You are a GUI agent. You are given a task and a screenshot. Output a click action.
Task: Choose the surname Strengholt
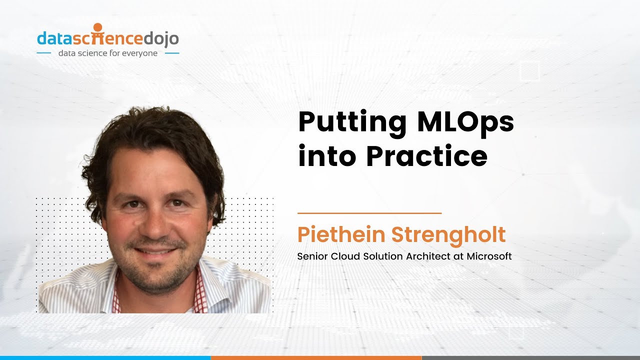[x=448, y=235]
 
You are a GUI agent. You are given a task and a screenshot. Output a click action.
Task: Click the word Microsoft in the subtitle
[x=489, y=256]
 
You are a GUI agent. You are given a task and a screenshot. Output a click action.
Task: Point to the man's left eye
[x=176, y=203]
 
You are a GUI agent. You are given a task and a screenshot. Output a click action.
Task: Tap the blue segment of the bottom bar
[x=105, y=357]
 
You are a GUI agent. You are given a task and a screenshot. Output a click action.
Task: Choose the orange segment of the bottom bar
[x=316, y=357]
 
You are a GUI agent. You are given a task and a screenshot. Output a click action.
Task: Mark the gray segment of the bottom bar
[x=530, y=357]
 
